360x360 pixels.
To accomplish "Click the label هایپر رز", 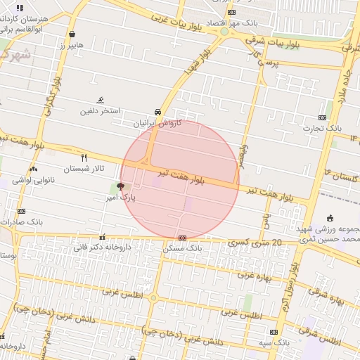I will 72,45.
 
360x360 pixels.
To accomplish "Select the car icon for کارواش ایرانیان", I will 158,111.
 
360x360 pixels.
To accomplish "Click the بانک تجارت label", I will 322,128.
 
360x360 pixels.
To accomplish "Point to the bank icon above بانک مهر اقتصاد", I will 232,12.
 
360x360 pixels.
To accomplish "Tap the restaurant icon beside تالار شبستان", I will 84,157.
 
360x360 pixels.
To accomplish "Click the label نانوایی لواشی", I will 34,180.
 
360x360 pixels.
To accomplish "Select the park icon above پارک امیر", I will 121,187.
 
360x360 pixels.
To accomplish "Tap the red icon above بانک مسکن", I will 182,238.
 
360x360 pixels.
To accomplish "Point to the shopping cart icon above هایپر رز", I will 72,34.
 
